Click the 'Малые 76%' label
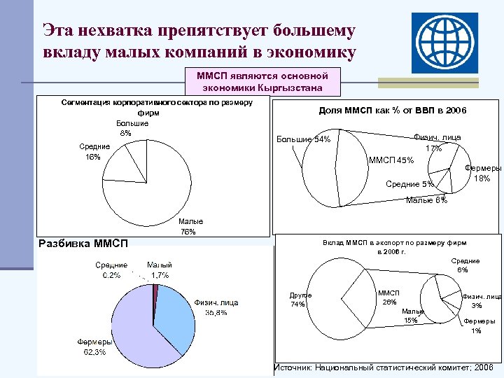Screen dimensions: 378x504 coord(188,226)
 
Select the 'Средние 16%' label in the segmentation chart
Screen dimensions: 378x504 coord(93,151)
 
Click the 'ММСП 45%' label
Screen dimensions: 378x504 coord(391,161)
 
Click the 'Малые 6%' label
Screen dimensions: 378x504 coord(426,201)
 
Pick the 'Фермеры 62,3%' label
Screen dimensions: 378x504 coord(91,346)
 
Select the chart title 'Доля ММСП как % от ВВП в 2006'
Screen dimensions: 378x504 coord(392,111)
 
